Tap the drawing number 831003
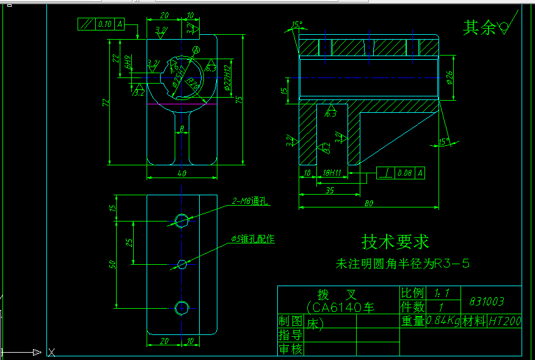(x=487, y=301)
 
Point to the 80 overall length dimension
(x=369, y=203)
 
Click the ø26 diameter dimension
(x=449, y=77)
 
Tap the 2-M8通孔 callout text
(x=251, y=201)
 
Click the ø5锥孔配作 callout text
(x=252, y=239)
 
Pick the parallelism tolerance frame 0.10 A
(x=101, y=24)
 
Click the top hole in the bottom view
(x=181, y=220)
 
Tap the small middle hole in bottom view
(x=181, y=264)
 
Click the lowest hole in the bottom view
(x=181, y=308)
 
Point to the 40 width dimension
(x=181, y=174)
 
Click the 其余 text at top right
(x=479, y=27)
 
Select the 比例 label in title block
(x=412, y=293)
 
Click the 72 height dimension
(x=105, y=101)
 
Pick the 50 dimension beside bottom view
(x=112, y=264)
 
